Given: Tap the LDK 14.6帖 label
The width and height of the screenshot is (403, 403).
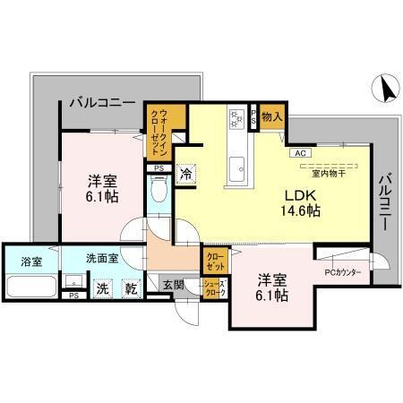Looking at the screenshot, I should pyautogui.click(x=304, y=202).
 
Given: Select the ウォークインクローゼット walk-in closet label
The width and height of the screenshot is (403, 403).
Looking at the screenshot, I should pyautogui.click(x=165, y=123).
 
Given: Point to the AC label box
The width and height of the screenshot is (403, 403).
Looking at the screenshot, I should pyautogui.click(x=298, y=153).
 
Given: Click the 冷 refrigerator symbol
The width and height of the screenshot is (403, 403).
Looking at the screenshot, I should pyautogui.click(x=185, y=175).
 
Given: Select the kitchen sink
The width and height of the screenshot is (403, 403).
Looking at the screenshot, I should pyautogui.click(x=238, y=166).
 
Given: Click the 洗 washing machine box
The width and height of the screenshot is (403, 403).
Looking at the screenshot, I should pyautogui.click(x=103, y=288).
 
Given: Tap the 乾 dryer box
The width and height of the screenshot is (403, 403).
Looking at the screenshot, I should pyautogui.click(x=131, y=288).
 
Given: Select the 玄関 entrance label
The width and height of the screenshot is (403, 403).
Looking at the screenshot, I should pyautogui.click(x=173, y=286).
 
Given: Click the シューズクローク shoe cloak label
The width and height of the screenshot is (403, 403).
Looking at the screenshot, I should pyautogui.click(x=216, y=287).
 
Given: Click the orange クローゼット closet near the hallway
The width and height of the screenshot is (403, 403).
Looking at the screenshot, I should pyautogui.click(x=215, y=262).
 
